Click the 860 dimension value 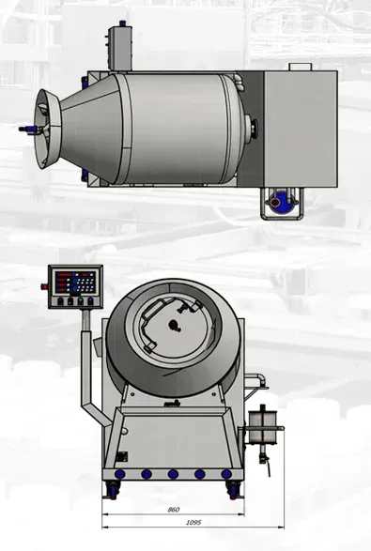tap(174, 510)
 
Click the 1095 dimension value tap(193, 523)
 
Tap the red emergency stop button tap(44, 286)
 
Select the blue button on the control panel tap(91, 300)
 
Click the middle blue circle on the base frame tap(173, 474)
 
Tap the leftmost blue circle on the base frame tap(120, 474)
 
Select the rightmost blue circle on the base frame tap(226, 474)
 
